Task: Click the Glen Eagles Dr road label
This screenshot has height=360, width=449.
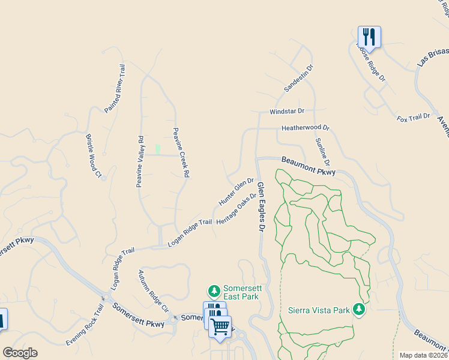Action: tap(261, 208)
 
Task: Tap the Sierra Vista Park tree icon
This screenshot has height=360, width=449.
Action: tap(359, 309)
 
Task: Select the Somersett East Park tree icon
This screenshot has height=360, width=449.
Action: tap(213, 292)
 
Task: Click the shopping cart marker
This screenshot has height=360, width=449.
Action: tap(220, 327)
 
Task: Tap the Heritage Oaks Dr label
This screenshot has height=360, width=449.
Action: tap(240, 209)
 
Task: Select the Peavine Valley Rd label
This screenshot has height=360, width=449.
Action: tap(139, 161)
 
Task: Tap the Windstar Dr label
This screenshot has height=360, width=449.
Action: tap(287, 112)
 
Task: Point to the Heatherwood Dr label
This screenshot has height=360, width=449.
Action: tap(306, 128)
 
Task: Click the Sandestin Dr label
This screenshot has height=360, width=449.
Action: tap(298, 79)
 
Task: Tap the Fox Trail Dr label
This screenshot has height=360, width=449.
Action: tap(414, 116)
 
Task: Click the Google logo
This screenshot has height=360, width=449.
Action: tap(20, 353)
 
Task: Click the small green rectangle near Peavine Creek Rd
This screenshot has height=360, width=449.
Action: tap(158, 149)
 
